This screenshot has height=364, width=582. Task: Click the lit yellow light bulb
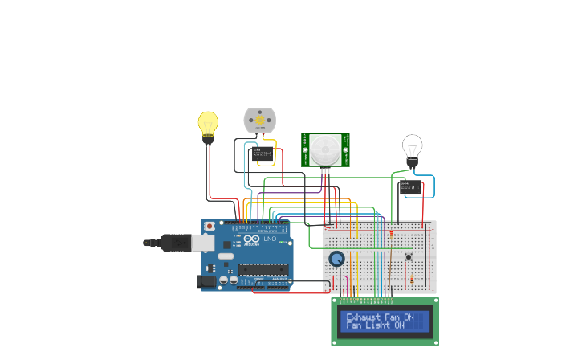click(x=208, y=124)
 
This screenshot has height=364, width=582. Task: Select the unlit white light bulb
click(x=412, y=147)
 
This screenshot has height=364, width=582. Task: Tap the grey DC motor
click(x=259, y=120)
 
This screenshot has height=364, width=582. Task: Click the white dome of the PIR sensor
click(x=325, y=148)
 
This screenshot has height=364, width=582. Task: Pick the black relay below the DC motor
click(x=260, y=153)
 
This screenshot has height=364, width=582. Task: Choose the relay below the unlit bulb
click(x=410, y=187)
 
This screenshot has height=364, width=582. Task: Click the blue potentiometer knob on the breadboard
click(x=336, y=259)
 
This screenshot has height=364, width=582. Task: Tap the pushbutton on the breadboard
click(x=409, y=256)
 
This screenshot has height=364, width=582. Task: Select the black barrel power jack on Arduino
click(x=206, y=281)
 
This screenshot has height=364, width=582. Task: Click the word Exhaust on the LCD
click(x=363, y=317)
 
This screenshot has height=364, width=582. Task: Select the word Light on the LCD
click(x=377, y=325)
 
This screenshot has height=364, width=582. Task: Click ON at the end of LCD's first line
click(x=409, y=317)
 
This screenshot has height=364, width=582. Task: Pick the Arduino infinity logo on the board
click(x=252, y=239)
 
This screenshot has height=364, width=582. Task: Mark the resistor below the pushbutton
click(x=412, y=279)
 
